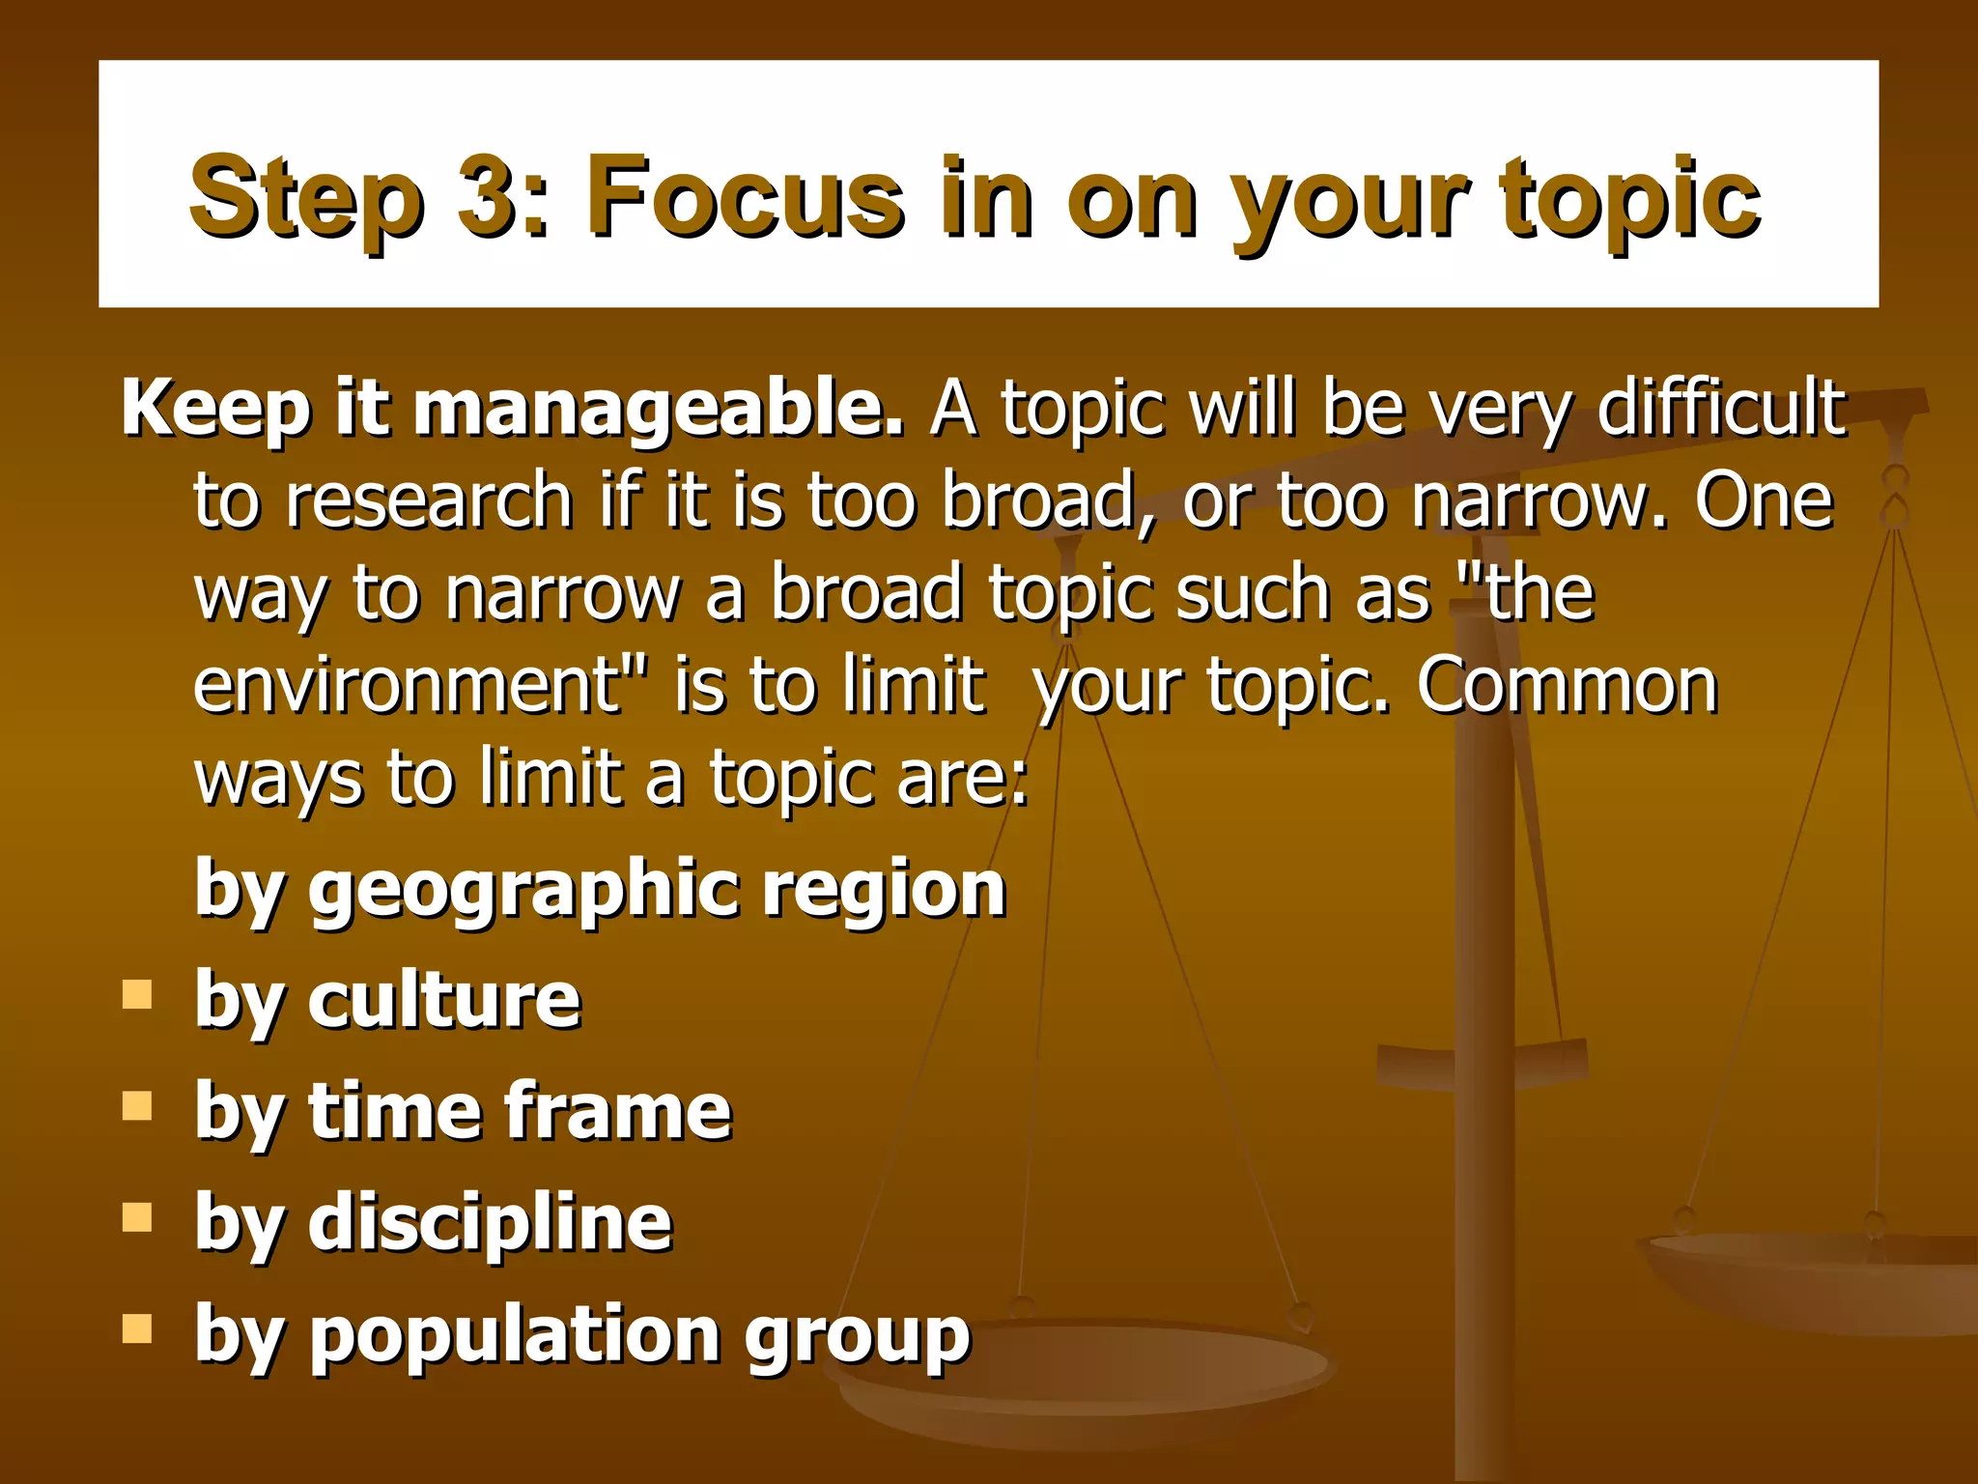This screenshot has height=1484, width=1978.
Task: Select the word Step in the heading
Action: click(x=306, y=198)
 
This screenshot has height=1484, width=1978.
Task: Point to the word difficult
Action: click(x=1721, y=408)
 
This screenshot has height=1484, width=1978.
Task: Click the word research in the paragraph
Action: click(x=430, y=500)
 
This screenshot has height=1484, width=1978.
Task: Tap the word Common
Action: click(x=1567, y=684)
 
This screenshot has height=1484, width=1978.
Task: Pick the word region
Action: click(x=884, y=889)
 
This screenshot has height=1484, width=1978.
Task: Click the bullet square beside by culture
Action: click(x=138, y=994)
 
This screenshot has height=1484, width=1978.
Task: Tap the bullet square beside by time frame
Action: click(x=138, y=1105)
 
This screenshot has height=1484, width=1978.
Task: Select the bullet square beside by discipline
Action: click(x=138, y=1217)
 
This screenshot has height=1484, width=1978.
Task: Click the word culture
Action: click(x=444, y=999)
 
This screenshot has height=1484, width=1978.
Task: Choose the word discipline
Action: click(x=490, y=1222)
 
